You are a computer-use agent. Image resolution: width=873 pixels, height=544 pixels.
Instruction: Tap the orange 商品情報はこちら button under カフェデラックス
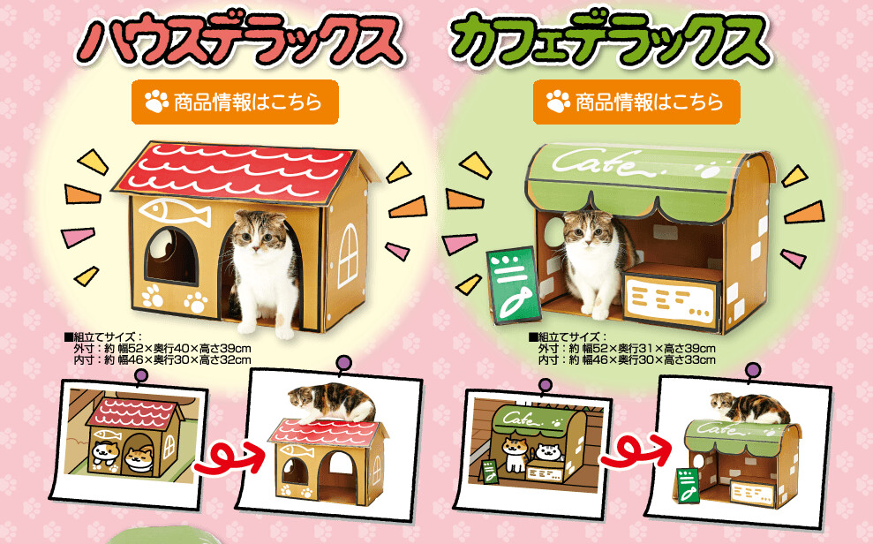click(x=636, y=102)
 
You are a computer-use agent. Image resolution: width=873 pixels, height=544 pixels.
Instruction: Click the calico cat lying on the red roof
click(x=335, y=402)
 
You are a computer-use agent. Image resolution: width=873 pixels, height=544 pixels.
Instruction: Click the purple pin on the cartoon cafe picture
click(x=546, y=384)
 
